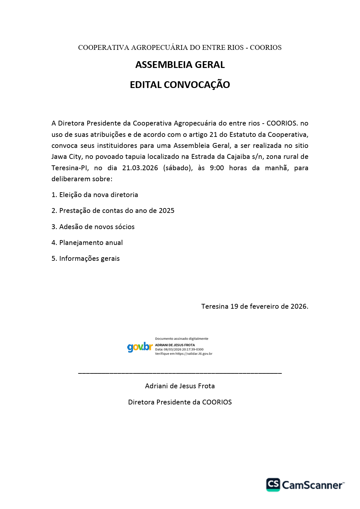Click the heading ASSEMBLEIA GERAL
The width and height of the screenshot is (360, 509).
[180, 65]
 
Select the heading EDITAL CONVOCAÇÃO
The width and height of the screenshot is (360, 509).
[180, 85]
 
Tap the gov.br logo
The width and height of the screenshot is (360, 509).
[140, 347]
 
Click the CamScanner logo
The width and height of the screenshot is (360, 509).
[305, 485]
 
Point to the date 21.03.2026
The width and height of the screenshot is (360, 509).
[140, 168]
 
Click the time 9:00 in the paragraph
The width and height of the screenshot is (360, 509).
[217, 168]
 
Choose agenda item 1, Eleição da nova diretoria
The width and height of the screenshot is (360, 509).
[95, 195]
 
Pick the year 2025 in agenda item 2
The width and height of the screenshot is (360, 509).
[167, 211]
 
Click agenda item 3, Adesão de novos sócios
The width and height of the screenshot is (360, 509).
[93, 227]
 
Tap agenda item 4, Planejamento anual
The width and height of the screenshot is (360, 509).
[87, 243]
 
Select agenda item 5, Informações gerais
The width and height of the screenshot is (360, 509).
[85, 259]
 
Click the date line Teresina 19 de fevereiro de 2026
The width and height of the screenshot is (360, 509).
[254, 306]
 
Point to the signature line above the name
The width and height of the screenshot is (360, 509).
[180, 373]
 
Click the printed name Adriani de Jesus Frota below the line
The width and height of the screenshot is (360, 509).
[180, 386]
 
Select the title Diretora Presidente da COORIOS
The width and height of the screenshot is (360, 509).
[180, 402]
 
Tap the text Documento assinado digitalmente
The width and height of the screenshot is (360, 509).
[182, 339]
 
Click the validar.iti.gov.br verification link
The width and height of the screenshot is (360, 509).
[194, 354]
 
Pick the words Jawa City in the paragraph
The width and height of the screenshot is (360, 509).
[66, 157]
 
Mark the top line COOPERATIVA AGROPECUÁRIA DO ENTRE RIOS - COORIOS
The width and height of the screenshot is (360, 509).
[180, 48]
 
